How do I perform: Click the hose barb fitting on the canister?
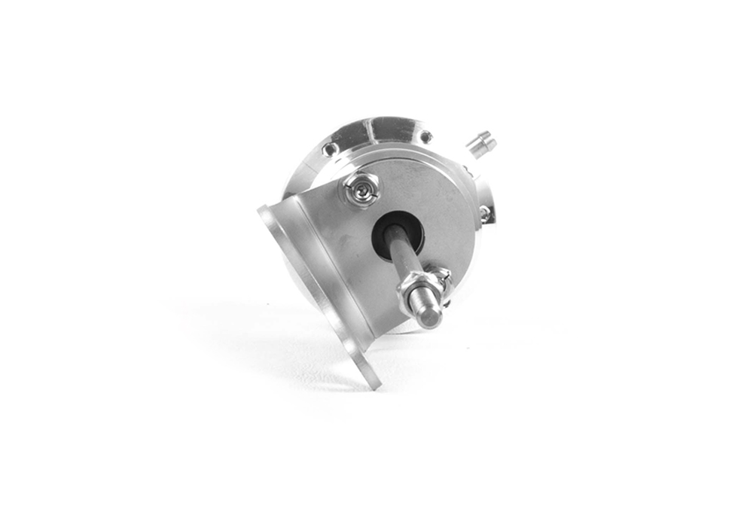tap(480, 143)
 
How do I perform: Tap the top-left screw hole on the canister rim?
tap(328, 149)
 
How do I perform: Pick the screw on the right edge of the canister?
tap(484, 215)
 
